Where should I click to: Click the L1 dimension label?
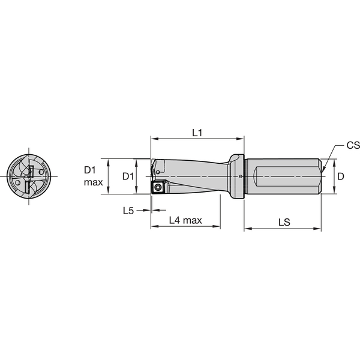[197, 131]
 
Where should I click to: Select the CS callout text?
[352, 146]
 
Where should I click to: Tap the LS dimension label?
[284, 221]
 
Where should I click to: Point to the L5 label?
[128, 211]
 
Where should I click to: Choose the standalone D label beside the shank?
[340, 176]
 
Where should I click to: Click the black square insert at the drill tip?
[158, 188]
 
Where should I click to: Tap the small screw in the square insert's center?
[158, 188]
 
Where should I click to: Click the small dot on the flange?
[240, 176]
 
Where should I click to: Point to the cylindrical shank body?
[282, 176]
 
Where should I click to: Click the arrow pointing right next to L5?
[146, 211]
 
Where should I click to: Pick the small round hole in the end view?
[19, 181]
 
